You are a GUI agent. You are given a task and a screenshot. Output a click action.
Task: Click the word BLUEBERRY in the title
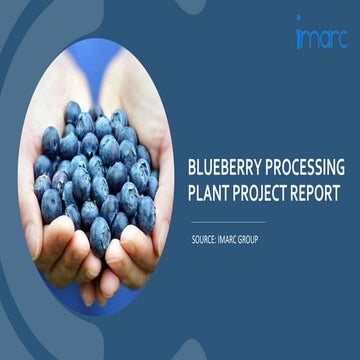coord(222,166)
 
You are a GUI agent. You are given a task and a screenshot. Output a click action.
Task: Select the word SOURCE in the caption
coord(207,240)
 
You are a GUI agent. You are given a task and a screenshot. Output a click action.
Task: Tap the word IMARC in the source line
coord(239,240)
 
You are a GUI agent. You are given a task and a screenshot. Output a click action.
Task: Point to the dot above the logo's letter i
coord(298,19)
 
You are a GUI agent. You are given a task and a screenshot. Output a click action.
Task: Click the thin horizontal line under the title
coord(227,222)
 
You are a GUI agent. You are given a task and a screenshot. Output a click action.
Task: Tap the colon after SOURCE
coord(221,240)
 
